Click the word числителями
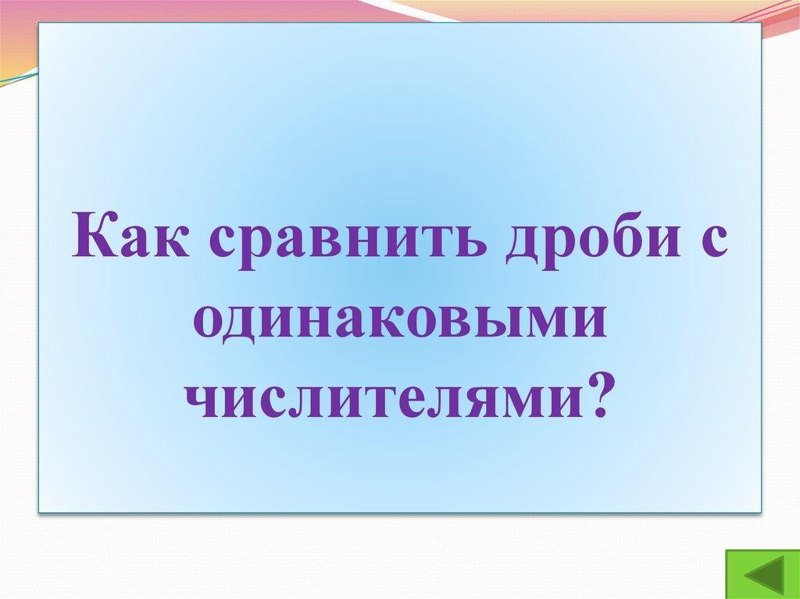(384, 398)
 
